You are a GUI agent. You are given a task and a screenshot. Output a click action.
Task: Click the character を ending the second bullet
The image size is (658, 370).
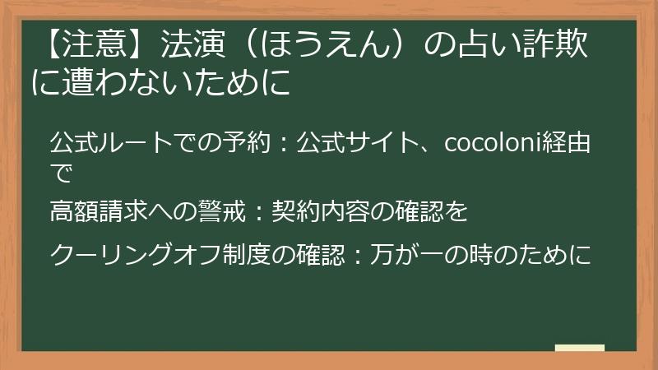tap(456, 213)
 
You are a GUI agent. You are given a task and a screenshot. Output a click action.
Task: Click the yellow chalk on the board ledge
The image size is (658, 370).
tap(580, 348)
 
